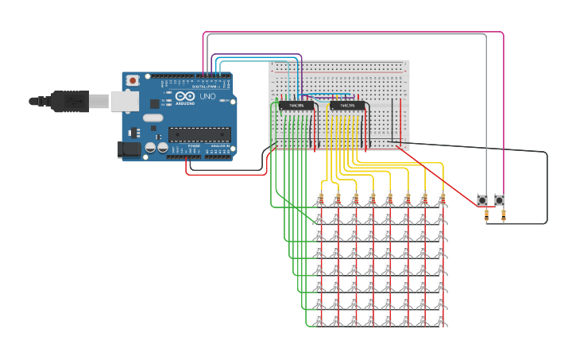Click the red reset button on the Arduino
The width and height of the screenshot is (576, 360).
click(132, 80)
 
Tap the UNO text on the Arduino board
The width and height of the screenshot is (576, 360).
click(207, 96)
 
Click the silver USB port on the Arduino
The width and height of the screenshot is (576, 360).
click(123, 101)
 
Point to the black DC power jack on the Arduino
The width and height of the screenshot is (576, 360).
click(129, 149)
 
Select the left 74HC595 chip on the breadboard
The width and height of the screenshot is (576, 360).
click(296, 105)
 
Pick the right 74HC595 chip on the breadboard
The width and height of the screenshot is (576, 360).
click(347, 105)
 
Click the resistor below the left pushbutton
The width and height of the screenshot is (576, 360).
click(485, 214)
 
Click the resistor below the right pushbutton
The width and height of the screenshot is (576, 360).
click(502, 214)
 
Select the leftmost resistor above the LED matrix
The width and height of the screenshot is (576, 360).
click(319, 198)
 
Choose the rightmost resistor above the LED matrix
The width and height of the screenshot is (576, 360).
click(441, 198)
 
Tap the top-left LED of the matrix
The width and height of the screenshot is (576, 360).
click(319, 215)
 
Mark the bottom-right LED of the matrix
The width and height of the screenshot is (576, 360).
click(441, 319)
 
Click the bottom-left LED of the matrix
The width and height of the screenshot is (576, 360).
click(319, 319)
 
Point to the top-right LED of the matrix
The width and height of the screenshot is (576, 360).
click(441, 215)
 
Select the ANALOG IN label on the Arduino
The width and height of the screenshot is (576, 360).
click(218, 147)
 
